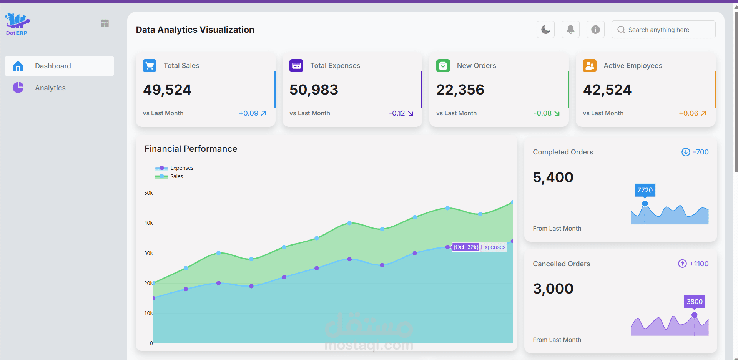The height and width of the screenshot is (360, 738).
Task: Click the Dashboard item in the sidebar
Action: [53, 66]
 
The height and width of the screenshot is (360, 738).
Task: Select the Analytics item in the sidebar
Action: [50, 88]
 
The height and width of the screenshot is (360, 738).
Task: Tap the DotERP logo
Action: [17, 24]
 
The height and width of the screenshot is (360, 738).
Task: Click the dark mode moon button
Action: [545, 30]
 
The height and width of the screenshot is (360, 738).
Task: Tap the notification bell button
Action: [570, 30]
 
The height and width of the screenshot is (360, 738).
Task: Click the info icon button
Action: [595, 30]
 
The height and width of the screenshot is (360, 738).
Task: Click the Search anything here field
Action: [663, 30]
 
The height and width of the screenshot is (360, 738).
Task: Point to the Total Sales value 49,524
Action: [167, 90]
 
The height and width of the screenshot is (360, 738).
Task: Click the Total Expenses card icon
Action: [296, 66]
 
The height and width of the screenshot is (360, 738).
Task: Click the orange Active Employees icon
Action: [590, 66]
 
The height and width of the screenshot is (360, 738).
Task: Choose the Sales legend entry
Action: [176, 176]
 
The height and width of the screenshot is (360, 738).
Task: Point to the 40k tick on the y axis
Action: [148, 223]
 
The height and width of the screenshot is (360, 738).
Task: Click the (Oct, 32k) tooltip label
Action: [466, 247]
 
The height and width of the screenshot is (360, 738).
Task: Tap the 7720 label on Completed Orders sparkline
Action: [645, 190]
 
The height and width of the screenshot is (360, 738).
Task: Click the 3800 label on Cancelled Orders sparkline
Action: [694, 302]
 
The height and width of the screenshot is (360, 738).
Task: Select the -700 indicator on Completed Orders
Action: [695, 152]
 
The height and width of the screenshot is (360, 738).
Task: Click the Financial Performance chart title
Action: [191, 149]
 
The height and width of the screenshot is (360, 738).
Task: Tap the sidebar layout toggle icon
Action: [105, 23]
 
